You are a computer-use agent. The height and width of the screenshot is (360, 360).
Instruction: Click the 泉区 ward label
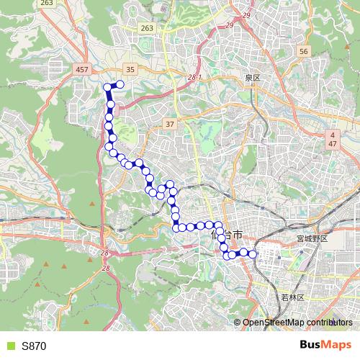coord(251,76)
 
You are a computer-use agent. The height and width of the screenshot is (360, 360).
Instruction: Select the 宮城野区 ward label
coord(311,238)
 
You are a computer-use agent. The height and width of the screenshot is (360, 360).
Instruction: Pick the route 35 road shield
coord(130,69)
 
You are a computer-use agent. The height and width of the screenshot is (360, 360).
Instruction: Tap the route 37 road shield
coord(170,123)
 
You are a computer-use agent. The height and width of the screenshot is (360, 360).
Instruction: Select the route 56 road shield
coord(303,51)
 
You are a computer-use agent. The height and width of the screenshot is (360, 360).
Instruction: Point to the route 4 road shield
coord(333,135)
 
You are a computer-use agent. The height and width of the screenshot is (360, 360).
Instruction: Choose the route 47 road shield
coord(333,145)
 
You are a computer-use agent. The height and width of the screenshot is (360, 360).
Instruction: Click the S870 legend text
coord(34,346)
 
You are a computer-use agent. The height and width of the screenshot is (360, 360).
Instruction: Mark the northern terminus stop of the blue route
coord(120,85)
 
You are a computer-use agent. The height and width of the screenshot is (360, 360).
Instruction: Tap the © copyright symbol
coord(239,322)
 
